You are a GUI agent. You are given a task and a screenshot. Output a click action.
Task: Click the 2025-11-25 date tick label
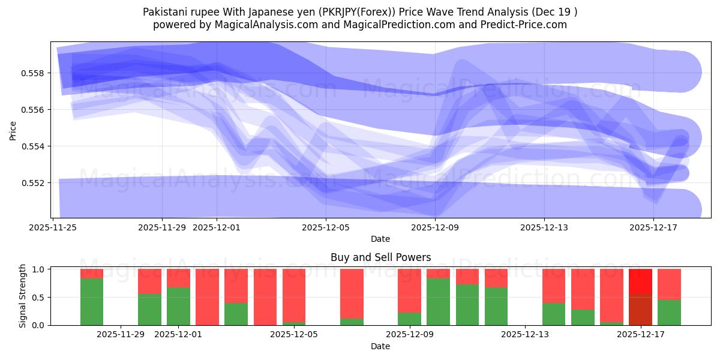(53, 227)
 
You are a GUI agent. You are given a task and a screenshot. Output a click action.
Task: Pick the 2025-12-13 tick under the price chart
(544, 227)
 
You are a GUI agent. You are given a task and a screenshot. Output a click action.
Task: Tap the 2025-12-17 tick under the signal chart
(641, 334)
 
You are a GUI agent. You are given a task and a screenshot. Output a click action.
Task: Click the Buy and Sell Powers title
(380, 257)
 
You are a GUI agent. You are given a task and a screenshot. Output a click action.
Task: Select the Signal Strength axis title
(23, 296)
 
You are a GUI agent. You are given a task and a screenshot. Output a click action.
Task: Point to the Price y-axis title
(13, 130)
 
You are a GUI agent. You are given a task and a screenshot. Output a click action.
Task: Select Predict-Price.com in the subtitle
(526, 25)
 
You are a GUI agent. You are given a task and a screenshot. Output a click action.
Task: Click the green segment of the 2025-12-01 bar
(178, 306)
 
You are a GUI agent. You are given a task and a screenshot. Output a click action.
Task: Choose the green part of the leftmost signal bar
(92, 302)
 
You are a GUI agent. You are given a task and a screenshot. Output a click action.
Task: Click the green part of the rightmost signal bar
(669, 312)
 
